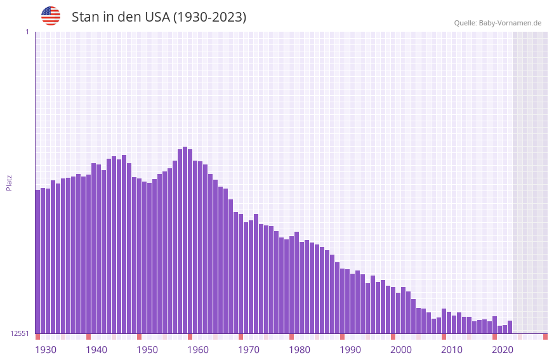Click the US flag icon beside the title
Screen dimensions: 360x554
pyautogui.click(x=51, y=16)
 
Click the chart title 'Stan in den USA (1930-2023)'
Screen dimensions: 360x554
pyautogui.click(x=159, y=17)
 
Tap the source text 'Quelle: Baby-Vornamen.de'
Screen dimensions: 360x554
pyautogui.click(x=498, y=23)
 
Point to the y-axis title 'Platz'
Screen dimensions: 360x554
pyautogui.click(x=9, y=182)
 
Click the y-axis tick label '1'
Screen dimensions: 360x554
pyautogui.click(x=27, y=32)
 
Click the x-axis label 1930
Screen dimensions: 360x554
pyautogui.click(x=46, y=350)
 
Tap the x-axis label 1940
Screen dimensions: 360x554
pyautogui.click(x=96, y=350)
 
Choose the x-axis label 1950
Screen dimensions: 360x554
pyautogui.click(x=147, y=350)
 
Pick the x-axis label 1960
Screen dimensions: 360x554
pyautogui.click(x=198, y=350)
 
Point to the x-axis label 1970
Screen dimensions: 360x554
pyautogui.click(x=249, y=350)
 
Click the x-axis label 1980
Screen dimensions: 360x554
pyautogui.click(x=300, y=350)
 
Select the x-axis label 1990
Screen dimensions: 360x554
pyautogui.click(x=350, y=350)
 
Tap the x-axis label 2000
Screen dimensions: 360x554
pyautogui.click(x=401, y=350)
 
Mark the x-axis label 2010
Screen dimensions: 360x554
pyautogui.click(x=452, y=350)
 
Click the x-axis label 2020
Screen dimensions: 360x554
pyautogui.click(x=503, y=350)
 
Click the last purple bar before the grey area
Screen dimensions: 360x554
pyautogui.click(x=510, y=327)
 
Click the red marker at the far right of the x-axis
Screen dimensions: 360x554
pyautogui.click(x=545, y=337)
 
